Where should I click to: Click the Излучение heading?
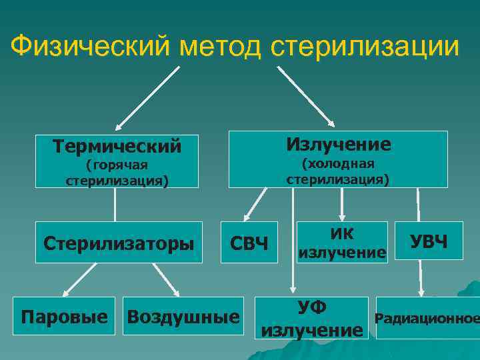pyautogui.click(x=338, y=144)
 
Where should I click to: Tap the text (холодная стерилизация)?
pyautogui.click(x=338, y=171)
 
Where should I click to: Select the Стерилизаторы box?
pyautogui.click(x=119, y=243)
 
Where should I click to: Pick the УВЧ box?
pyautogui.click(x=429, y=241)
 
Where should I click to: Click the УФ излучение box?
pyautogui.click(x=312, y=318)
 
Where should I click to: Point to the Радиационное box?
pyautogui.click(x=427, y=318)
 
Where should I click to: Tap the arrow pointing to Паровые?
pyautogui.click(x=78, y=281)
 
